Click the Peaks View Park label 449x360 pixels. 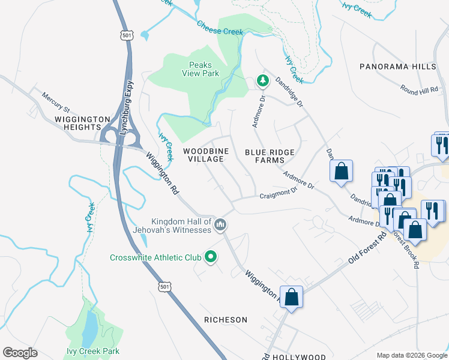[200, 69]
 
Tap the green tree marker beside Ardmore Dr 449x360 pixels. [262, 79]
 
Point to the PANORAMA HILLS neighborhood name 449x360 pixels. [397, 67]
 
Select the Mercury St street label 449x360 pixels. [56, 101]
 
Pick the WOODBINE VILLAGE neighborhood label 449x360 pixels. [203, 155]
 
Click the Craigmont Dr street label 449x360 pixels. [279, 194]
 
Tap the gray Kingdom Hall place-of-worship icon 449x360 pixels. [220, 225]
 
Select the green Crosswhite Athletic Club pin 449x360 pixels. [211, 257]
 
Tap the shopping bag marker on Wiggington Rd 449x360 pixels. [291, 297]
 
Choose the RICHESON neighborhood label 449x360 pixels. [225, 320]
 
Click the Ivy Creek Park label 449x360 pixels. [93, 351]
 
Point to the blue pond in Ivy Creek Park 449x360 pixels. [89, 327]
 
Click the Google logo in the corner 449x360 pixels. [20, 353]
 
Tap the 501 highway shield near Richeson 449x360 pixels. [166, 287]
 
